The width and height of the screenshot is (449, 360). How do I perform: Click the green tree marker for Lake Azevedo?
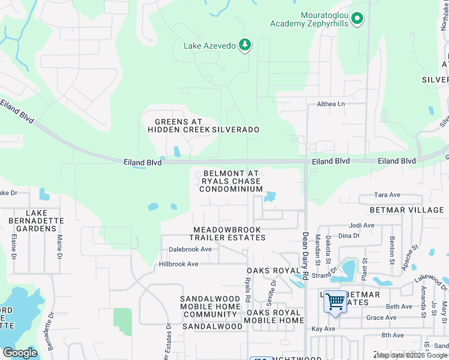pyautogui.click(x=244, y=45)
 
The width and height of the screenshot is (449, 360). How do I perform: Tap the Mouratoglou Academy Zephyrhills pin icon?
pyautogui.click(x=358, y=19)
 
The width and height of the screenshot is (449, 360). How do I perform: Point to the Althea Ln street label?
pyautogui.click(x=331, y=104)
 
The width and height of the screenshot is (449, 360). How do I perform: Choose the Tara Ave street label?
pyautogui.click(x=387, y=195)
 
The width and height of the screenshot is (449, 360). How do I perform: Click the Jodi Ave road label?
pyautogui.click(x=361, y=226)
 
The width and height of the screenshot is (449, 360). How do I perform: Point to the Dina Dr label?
pyautogui.click(x=349, y=236)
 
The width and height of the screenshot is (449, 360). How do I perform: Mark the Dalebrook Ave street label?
pyautogui.click(x=190, y=249)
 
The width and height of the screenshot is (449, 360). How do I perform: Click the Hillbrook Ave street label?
pyautogui.click(x=178, y=264)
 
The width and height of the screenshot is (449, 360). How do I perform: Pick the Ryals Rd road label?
pyautogui.click(x=247, y=290)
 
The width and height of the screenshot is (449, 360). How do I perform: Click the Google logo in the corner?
pyautogui.click(x=20, y=353)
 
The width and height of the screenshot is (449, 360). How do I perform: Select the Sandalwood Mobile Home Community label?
pyautogui.click(x=210, y=307)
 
